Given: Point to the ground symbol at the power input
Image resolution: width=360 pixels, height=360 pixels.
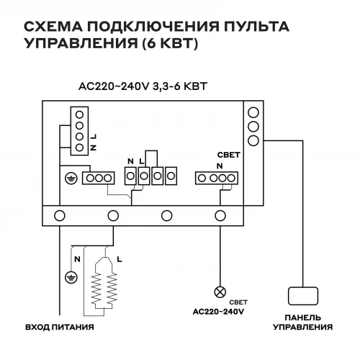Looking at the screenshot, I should [70, 274].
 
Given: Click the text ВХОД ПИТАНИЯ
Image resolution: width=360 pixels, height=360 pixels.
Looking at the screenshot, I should [60, 328].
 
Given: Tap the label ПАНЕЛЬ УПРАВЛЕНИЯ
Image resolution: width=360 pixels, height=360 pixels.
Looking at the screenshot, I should [302, 323].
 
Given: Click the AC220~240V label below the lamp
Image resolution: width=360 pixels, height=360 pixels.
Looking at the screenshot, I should [219, 312].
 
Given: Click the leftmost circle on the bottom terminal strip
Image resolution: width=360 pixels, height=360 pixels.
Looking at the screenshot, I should [60, 214].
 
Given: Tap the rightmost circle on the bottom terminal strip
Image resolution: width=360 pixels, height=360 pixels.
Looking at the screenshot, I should [220, 214].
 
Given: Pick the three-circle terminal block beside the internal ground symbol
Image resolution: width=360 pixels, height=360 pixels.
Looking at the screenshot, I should [97, 177].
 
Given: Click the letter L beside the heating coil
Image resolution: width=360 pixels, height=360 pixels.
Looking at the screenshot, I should [119, 257].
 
